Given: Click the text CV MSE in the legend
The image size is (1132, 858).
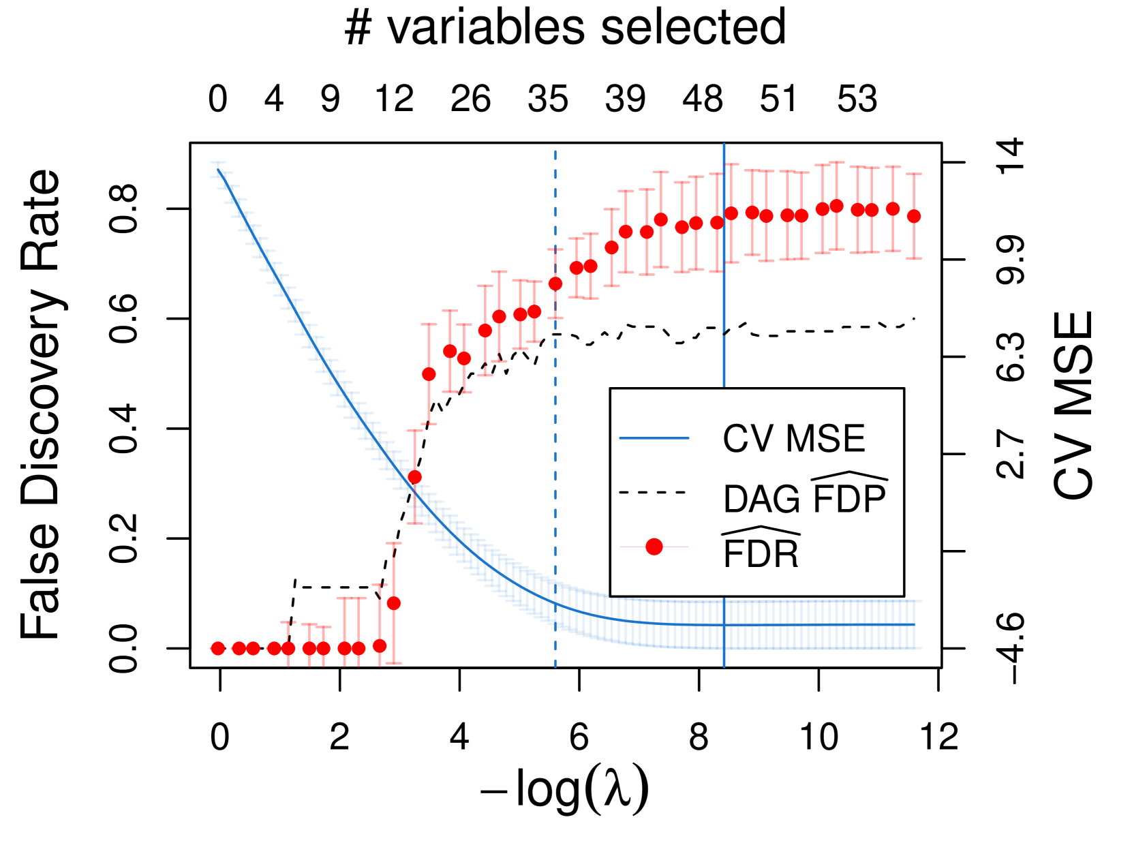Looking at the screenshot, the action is click(793, 438).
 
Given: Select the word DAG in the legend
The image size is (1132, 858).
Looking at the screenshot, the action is click(761, 500).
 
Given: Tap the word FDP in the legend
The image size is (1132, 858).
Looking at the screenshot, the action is click(849, 500).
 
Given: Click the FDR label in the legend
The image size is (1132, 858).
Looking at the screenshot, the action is click(761, 554).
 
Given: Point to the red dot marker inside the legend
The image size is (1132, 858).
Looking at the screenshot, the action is click(654, 547).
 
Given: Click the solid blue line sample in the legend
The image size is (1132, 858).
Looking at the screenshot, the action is click(654, 438).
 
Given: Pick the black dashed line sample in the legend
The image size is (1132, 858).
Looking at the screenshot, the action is click(652, 492).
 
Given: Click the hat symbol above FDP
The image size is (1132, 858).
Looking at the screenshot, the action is click(849, 476).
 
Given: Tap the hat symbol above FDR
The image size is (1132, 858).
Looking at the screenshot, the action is click(761, 531).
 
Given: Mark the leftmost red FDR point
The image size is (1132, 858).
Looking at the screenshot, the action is click(218, 648).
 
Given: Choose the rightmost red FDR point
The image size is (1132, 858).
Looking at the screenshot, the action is click(914, 216).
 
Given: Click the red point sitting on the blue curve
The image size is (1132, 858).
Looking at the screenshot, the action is click(414, 477).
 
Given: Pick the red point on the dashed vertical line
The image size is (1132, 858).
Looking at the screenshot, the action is click(555, 283).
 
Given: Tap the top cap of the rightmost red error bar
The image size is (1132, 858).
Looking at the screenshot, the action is click(914, 174).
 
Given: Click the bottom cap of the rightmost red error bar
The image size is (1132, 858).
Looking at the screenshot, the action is click(914, 258).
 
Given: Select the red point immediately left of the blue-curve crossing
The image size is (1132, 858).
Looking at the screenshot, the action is click(394, 603).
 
